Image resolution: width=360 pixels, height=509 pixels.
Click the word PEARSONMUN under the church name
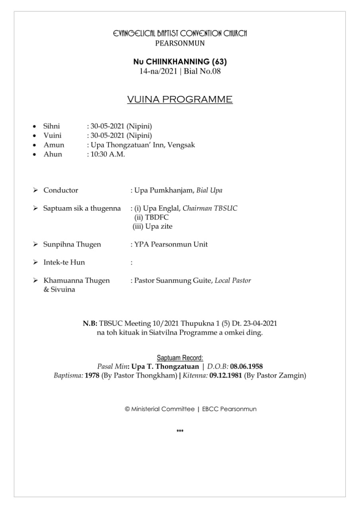180,43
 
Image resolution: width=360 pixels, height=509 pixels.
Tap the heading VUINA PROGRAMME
180,99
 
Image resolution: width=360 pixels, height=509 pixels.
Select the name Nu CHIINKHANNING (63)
180,62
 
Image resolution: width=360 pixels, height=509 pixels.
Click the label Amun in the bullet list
54,145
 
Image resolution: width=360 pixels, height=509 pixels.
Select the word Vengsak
181,145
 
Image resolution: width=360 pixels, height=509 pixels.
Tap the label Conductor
61,190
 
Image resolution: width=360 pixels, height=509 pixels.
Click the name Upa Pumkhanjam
164,190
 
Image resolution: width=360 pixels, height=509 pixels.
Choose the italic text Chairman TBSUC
210,208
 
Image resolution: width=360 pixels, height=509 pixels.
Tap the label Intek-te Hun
64,262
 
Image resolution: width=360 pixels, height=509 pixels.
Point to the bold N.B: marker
90,324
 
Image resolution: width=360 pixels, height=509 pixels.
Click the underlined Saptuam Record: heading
180,357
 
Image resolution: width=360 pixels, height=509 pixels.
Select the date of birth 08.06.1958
246,366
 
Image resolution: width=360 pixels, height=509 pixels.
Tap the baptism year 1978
92,375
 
